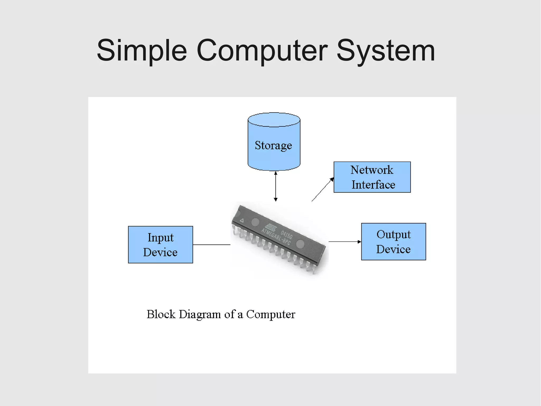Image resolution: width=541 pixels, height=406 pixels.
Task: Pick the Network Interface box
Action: [x=372, y=177]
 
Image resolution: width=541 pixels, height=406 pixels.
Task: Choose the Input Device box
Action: [x=160, y=245]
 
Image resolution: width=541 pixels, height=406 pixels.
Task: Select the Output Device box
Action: [x=393, y=241]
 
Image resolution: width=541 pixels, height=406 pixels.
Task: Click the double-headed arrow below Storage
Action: [x=276, y=186]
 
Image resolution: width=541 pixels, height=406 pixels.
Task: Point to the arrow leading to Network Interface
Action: [x=323, y=189]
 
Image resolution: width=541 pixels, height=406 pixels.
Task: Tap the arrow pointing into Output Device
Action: [x=344, y=241]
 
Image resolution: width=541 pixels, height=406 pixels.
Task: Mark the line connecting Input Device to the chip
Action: [x=211, y=245]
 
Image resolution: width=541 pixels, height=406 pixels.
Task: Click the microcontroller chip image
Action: [x=279, y=238]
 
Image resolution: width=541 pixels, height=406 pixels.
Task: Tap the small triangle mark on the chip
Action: [x=241, y=220]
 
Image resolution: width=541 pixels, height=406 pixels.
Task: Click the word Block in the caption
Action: [x=161, y=314]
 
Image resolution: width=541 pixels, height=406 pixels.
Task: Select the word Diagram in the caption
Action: [x=200, y=314]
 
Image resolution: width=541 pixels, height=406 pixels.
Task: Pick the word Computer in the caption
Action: [x=270, y=314]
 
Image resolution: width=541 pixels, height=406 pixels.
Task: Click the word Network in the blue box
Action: [x=372, y=170]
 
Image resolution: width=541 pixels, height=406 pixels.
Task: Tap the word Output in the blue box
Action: [x=393, y=234]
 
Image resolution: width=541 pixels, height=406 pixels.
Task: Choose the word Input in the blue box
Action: [x=160, y=237]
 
